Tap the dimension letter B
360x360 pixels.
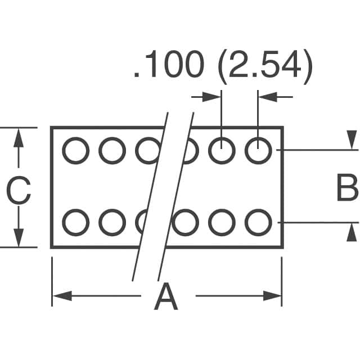pos(346,189)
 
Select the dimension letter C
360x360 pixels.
pos(18,191)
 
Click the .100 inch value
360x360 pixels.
pos(168,66)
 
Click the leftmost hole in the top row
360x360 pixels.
pos(75,150)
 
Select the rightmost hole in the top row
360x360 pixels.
pos(258,150)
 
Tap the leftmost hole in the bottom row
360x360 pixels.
pos(75,222)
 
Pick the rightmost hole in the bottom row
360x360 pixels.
pos(258,222)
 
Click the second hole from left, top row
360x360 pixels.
pos(112,150)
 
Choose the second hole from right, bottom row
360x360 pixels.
pos(222,222)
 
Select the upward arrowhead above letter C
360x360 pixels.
pos(19,137)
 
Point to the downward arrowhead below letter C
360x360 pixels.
pos(19,238)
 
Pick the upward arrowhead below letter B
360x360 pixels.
pos(352,232)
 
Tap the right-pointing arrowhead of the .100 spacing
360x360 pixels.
pos(213,97)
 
